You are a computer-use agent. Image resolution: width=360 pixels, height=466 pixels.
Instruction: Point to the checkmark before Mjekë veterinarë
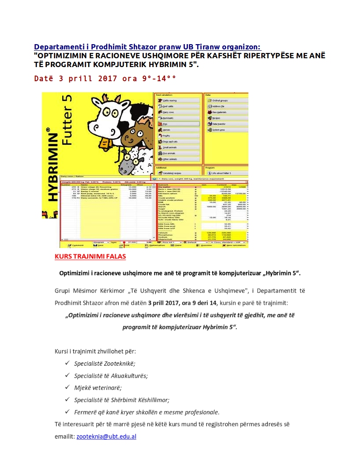(67, 387)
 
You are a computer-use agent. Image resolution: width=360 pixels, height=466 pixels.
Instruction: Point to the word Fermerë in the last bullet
(86, 412)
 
